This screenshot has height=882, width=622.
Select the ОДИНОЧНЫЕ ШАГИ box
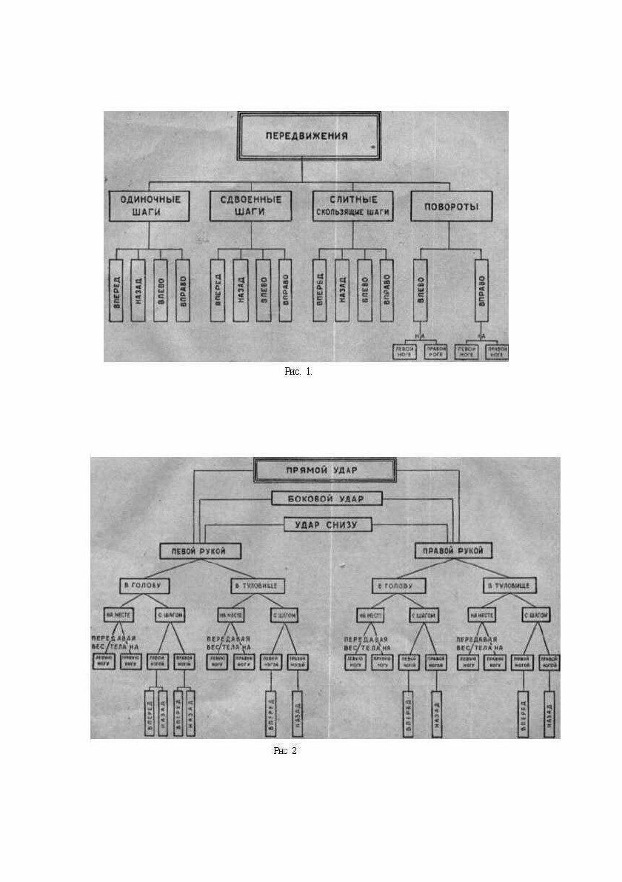pos(149,206)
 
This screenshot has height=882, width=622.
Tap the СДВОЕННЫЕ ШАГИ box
pos(250,206)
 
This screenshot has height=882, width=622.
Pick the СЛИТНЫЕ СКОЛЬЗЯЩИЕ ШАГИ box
pos(352,206)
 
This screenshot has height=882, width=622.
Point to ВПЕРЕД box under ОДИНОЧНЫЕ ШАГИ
pos(115,290)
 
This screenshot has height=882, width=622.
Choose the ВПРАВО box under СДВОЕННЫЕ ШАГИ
pos(285,290)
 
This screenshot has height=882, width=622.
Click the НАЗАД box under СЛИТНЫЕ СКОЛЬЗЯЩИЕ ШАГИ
pos(341,290)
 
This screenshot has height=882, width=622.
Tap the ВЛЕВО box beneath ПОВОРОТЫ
pos(420,290)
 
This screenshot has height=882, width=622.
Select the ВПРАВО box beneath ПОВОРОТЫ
pos(482,290)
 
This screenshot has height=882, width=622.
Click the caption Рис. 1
pos(298,372)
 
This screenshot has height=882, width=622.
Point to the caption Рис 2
pos(285,751)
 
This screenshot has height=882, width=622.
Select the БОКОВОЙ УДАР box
pos(326,498)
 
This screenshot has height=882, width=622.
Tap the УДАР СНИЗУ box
pos(326,524)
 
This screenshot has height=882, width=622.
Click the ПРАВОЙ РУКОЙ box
pos(452,551)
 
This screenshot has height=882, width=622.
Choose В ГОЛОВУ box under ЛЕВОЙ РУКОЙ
pos(145,585)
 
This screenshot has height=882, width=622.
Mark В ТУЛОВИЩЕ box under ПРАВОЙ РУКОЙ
pos(511,586)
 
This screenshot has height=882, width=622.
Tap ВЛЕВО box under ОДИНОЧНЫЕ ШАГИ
pos(159,290)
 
